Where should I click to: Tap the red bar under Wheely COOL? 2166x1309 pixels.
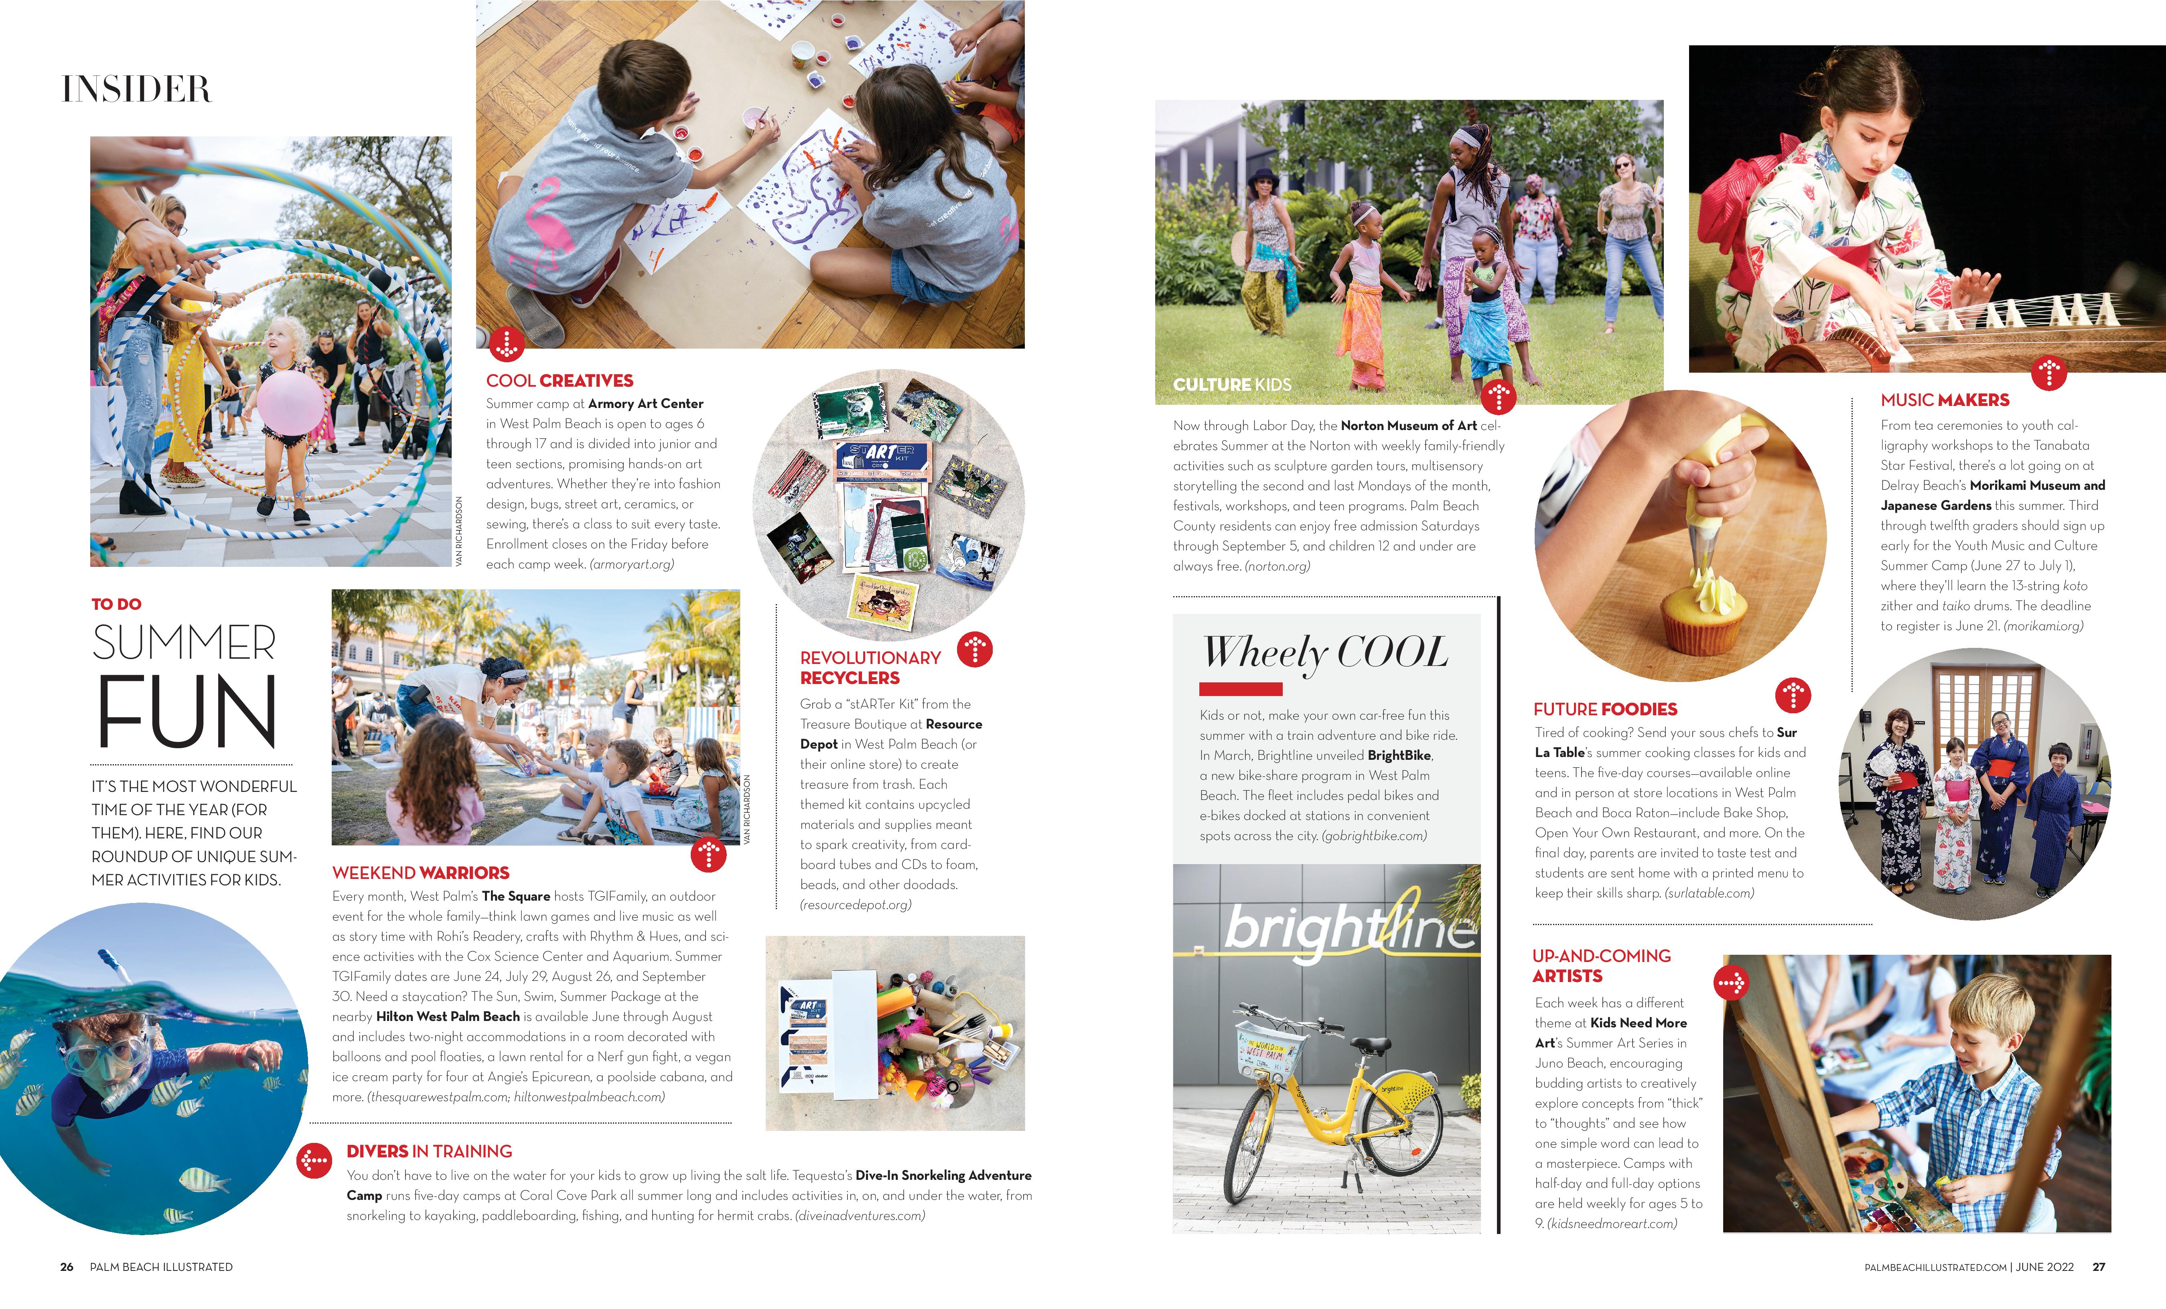coord(1240,689)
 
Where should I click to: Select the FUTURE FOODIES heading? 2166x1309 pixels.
coord(1605,709)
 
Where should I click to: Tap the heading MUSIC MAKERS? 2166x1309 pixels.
coord(1945,400)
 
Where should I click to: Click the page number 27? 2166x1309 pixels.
coord(2098,1267)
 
